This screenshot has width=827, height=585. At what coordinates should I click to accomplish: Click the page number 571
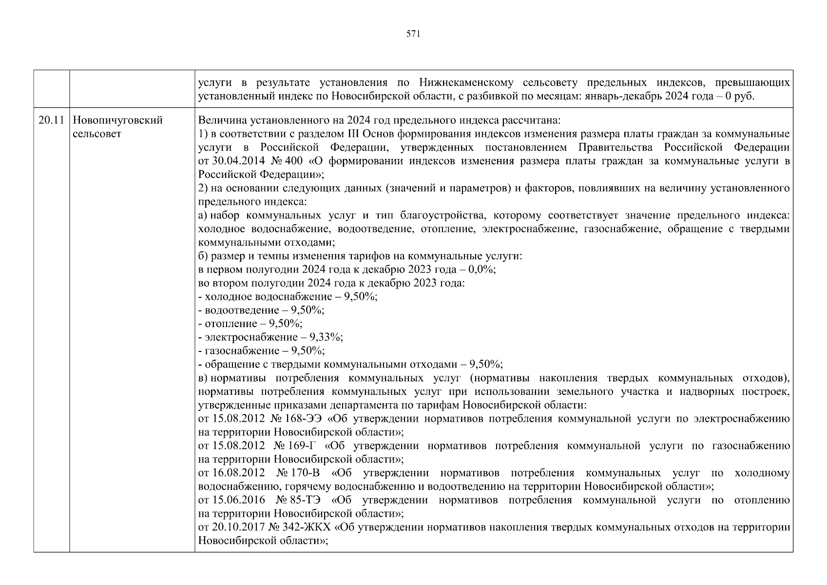click(413, 34)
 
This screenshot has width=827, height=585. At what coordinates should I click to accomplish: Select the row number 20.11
click(51, 120)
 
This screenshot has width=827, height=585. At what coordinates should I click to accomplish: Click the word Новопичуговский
click(117, 120)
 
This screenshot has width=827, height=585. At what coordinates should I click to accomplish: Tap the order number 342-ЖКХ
click(308, 527)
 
